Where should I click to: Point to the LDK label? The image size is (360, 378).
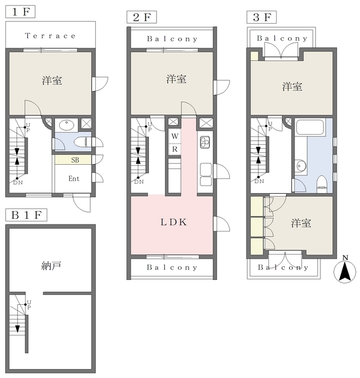pos(174,223)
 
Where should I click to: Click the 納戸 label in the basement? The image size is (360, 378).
pos(52,266)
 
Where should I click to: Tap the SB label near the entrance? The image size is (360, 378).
pos(76,160)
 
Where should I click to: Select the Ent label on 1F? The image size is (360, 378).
pos(75,178)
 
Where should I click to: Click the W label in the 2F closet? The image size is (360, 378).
pos(175,136)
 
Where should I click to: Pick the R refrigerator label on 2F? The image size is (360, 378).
pos(175,149)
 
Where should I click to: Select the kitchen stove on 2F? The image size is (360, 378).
pos(205,142)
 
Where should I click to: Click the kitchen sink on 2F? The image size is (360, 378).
pos(205,170)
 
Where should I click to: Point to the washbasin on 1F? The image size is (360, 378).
pos(66,125)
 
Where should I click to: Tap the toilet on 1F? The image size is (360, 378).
pos(85,142)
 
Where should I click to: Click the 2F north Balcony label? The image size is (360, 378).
pos(172,39)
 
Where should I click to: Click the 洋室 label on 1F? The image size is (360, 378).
pos(52,80)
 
